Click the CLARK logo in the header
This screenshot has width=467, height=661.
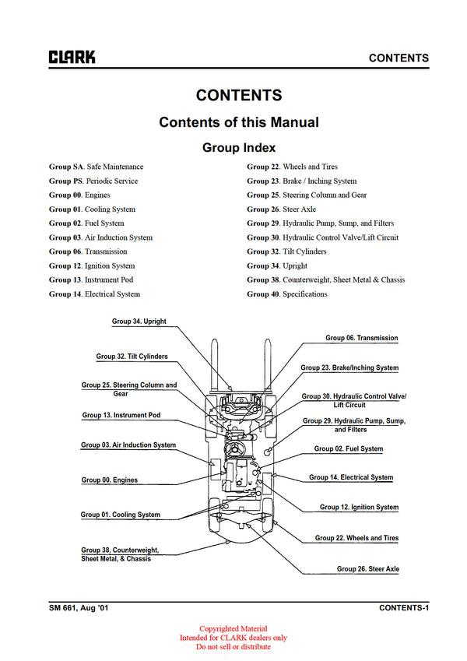pos(72,57)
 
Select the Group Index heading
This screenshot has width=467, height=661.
pos(238,147)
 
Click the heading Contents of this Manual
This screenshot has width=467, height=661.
pos(238,122)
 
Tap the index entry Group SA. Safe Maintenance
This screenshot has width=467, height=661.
pos(96,167)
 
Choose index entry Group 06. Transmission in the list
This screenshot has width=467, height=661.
pos(88,251)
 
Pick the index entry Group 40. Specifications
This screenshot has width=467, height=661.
pos(287,294)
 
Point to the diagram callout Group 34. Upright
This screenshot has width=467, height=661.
pos(139,322)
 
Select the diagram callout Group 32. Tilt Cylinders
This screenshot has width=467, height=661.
pos(132,357)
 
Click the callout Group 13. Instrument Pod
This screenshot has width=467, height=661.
pos(121,416)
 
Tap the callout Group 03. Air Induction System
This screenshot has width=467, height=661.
pos(128,445)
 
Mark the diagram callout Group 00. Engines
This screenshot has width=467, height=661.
pos(109,480)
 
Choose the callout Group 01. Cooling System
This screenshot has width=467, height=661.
pos(120,515)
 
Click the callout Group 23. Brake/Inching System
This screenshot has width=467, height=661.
pos(349,367)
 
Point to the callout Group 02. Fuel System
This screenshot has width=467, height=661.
pos(348,449)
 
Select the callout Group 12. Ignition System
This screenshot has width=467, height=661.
pos(359,508)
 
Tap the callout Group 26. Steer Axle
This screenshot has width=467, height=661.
pos(367,569)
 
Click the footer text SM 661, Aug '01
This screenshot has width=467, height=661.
pos(76,607)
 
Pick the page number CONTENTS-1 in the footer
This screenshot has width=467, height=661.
pos(403,607)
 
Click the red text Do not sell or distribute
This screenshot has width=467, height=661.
pos(233,647)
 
